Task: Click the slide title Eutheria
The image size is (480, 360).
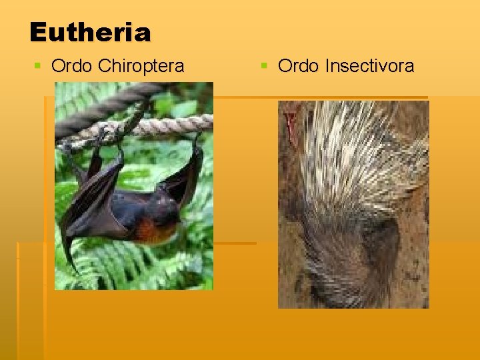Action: pos(90,31)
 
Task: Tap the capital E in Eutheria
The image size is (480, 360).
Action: pos(39,31)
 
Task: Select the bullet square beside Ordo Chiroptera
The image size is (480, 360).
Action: pos(38,66)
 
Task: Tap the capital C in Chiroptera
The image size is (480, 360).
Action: pos(104,66)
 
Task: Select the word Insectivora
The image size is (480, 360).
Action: pos(369,66)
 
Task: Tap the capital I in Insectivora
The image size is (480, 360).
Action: pos(327,66)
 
